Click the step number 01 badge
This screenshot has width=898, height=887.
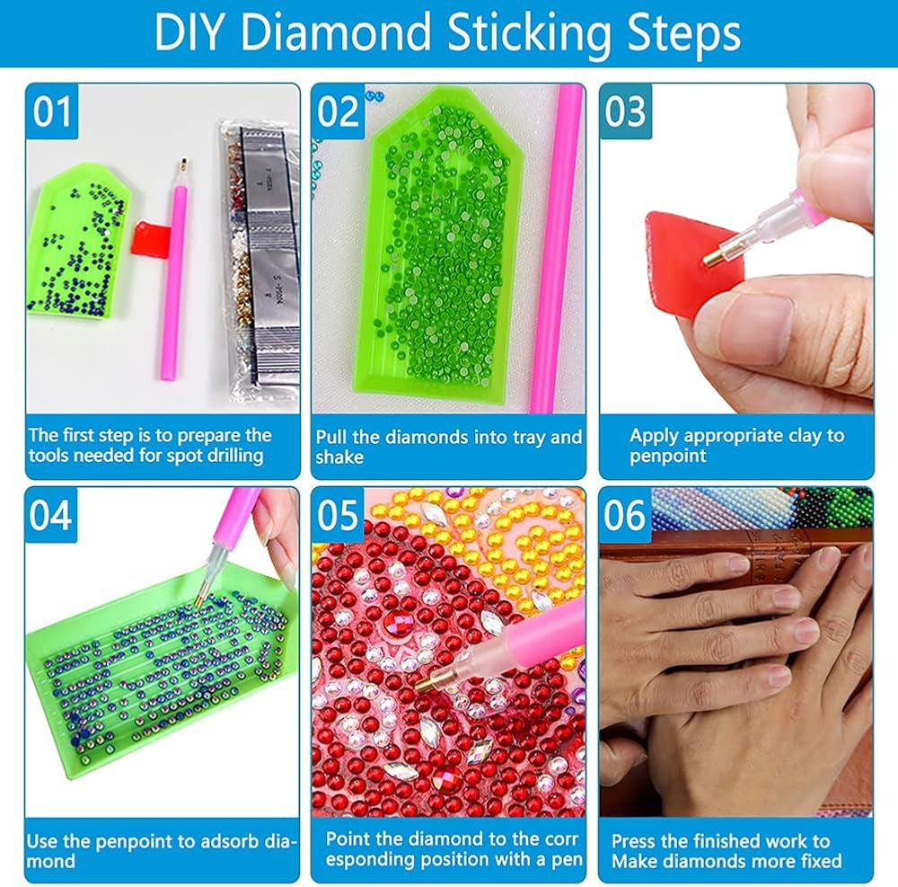[52, 111]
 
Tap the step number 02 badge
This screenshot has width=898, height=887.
[338, 111]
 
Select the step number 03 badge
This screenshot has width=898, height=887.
[625, 111]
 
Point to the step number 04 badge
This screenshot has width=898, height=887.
[51, 515]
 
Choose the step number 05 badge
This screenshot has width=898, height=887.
[338, 515]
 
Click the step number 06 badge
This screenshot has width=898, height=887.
[625, 515]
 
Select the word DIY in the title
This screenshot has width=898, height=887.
[188, 32]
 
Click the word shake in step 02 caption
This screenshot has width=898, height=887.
[339, 457]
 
